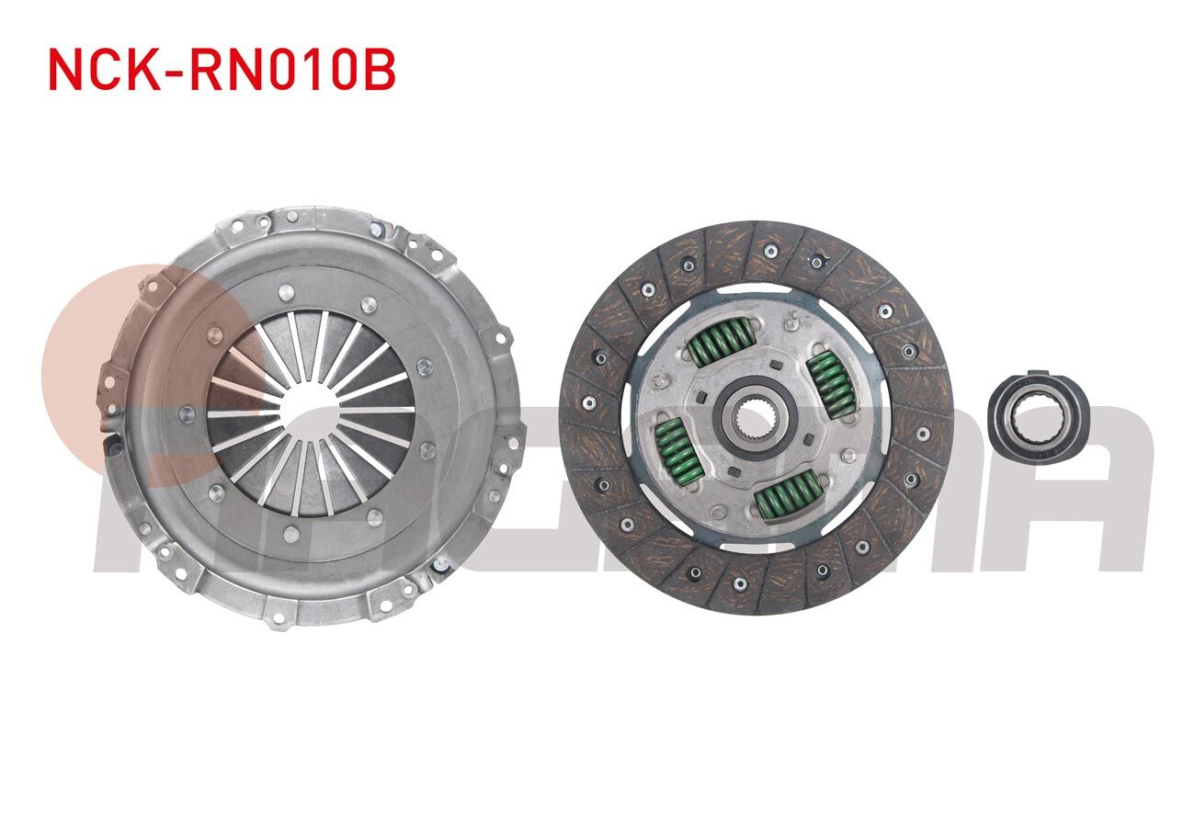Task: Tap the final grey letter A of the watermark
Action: [1103, 487]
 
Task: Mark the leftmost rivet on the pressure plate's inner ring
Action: [187, 413]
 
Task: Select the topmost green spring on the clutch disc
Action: [723, 342]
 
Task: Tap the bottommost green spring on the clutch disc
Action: [787, 495]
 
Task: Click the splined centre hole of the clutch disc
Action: [756, 418]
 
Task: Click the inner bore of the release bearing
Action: [1037, 419]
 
